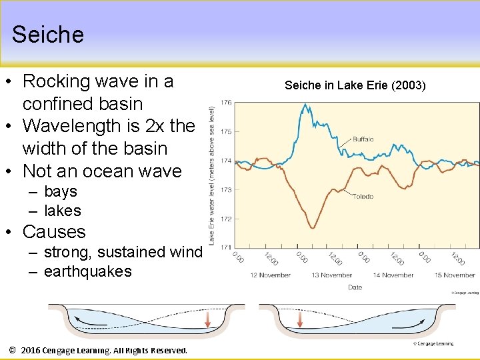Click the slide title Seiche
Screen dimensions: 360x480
pos(48,35)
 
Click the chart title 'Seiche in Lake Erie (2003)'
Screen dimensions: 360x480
pos(355,85)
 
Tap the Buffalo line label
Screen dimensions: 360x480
pos(363,139)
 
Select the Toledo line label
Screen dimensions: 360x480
pos(363,197)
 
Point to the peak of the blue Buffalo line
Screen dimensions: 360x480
pos(305,105)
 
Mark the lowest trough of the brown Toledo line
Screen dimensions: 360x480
pos(312,227)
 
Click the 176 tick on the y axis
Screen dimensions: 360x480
pos(226,103)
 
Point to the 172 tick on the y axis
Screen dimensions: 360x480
pos(226,219)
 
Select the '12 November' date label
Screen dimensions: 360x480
pos(270,275)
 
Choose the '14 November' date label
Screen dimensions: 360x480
pos(393,275)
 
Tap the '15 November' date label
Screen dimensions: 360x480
pos(455,275)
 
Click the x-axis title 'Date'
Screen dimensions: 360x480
pos(355,287)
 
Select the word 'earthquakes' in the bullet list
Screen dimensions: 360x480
pos(87,271)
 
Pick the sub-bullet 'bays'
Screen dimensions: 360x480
pos(60,191)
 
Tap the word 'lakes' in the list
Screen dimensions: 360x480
pos(62,211)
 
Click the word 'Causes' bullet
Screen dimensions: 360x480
pos(54,232)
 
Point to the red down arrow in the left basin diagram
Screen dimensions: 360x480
pos(207,320)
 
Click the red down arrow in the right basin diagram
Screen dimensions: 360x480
pos(299,320)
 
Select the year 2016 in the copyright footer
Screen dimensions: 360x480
pos(35,350)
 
